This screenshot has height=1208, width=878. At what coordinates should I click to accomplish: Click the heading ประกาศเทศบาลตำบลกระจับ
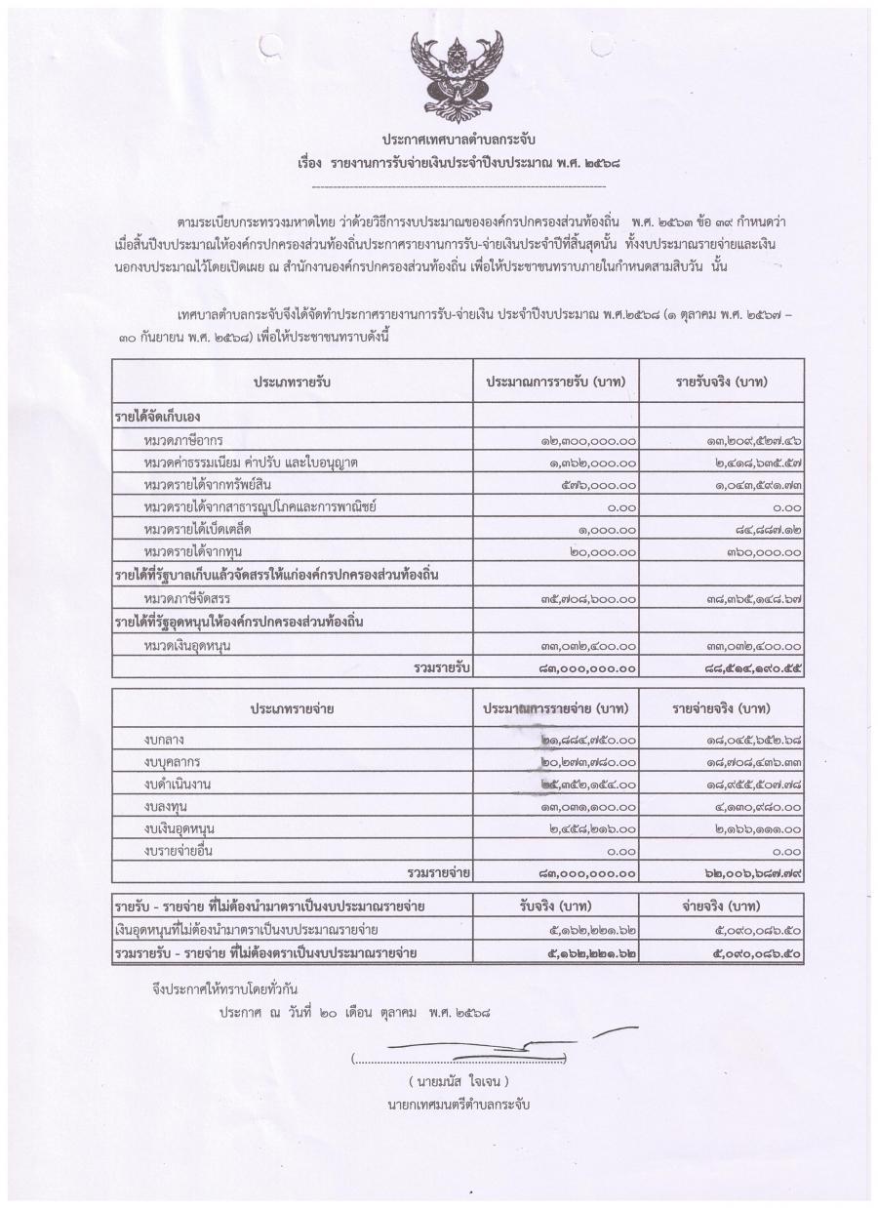click(x=459, y=139)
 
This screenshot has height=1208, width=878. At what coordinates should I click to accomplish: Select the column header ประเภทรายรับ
click(x=293, y=381)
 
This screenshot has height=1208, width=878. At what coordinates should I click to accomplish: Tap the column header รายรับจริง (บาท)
click(x=721, y=381)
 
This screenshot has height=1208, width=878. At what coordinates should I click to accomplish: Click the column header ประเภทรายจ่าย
click(x=293, y=708)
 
